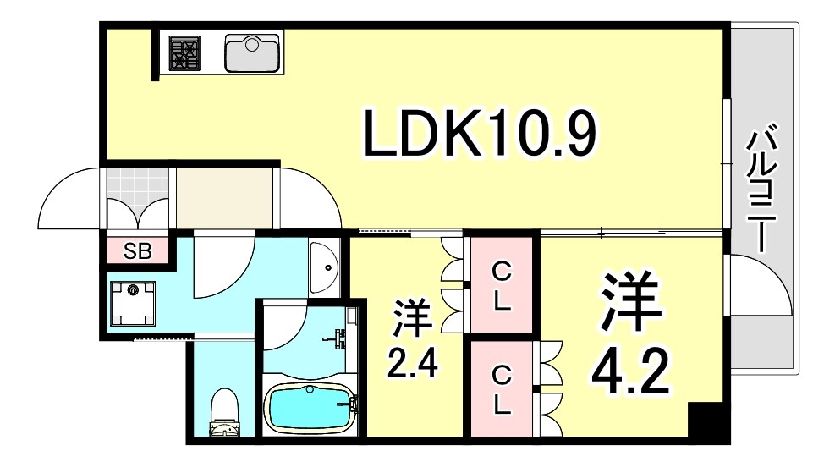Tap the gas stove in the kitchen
pyautogui.click(x=184, y=52)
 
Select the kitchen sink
pyautogui.click(x=253, y=52)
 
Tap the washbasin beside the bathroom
pyautogui.click(x=325, y=267)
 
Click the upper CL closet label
pyautogui.click(x=503, y=286)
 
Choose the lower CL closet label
pyautogui.click(x=503, y=389)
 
